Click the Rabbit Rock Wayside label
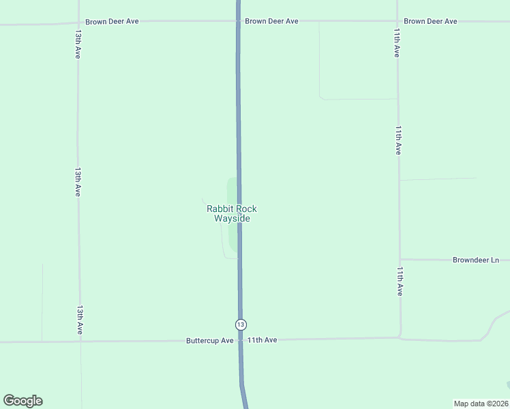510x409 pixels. click(x=232, y=214)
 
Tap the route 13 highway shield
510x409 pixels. click(x=241, y=324)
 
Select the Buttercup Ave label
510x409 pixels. click(x=210, y=340)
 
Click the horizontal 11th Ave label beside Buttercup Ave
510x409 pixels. click(x=262, y=339)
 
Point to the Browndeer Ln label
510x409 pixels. click(x=476, y=260)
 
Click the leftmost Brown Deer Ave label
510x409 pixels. click(x=112, y=21)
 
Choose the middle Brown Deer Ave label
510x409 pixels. click(x=271, y=21)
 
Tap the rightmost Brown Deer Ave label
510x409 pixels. click(x=430, y=21)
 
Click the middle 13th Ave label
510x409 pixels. click(x=78, y=182)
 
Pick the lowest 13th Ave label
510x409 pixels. click(x=80, y=319)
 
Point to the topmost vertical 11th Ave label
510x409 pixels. click(x=396, y=42)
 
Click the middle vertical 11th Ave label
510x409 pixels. click(x=398, y=140)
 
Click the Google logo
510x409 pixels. click(x=22, y=401)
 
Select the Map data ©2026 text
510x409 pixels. click(x=481, y=404)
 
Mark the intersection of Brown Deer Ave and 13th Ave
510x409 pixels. click(x=78, y=22)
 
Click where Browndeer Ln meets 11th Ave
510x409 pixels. click(x=400, y=259)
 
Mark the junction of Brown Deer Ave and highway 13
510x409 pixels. click(x=238, y=21)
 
